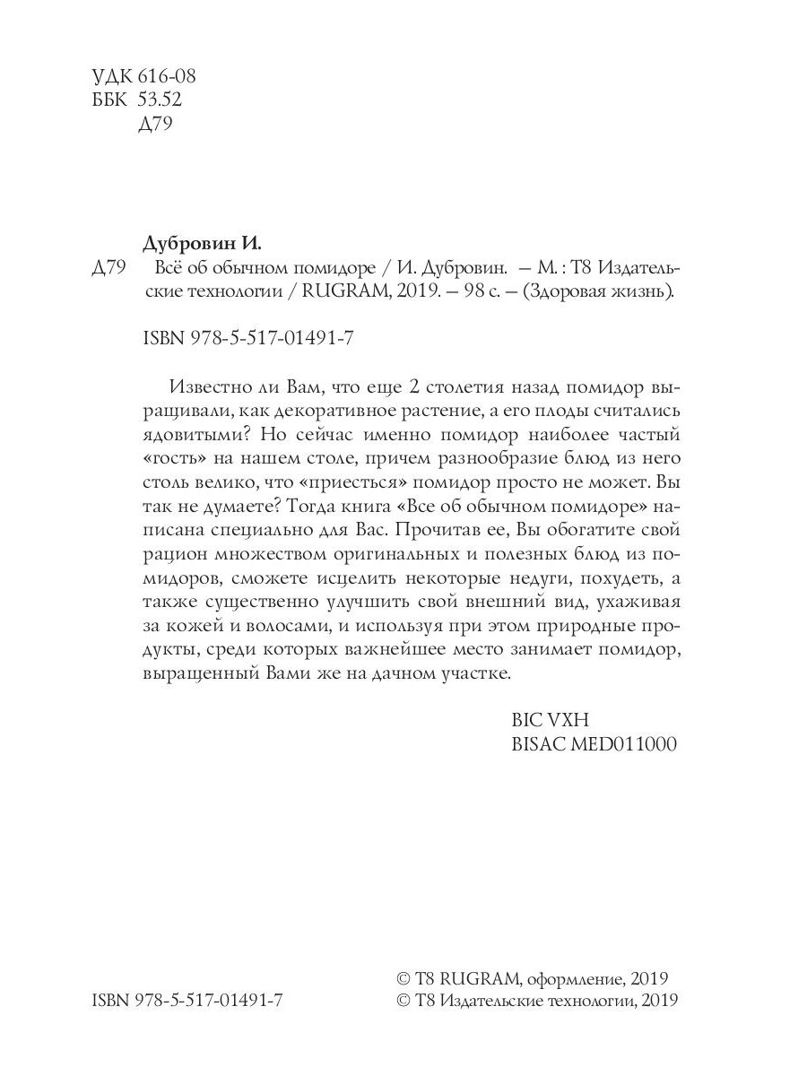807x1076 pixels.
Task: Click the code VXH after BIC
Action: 566,720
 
